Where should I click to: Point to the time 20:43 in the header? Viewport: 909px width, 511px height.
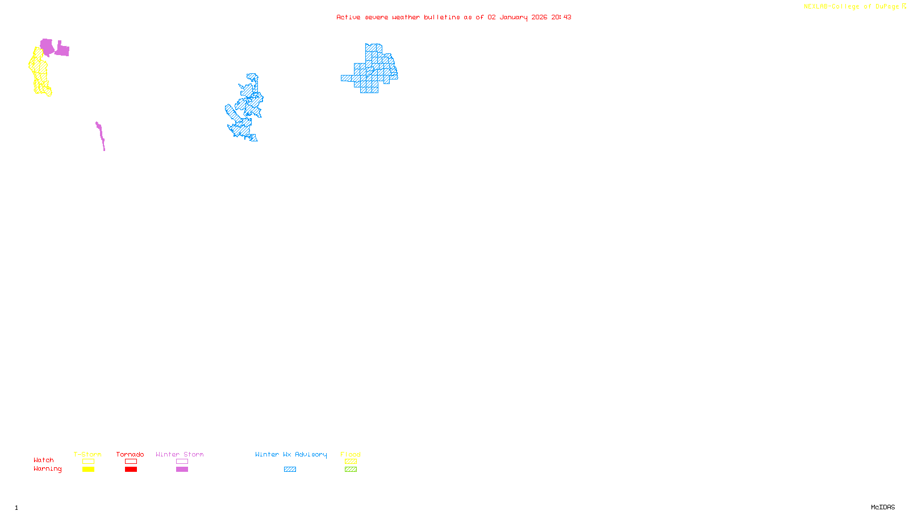click(x=561, y=17)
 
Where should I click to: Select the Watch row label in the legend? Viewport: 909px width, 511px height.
click(x=44, y=460)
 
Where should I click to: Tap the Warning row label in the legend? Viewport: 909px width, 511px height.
click(x=47, y=469)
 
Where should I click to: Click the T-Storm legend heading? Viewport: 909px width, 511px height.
click(x=87, y=454)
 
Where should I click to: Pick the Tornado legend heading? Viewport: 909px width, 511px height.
click(x=130, y=454)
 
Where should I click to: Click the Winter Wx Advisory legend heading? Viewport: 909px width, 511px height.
click(x=291, y=454)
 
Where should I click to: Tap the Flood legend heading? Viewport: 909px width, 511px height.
click(x=351, y=454)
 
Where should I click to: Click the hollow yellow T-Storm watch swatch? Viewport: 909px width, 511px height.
click(x=88, y=462)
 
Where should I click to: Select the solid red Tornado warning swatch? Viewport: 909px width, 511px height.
click(x=131, y=470)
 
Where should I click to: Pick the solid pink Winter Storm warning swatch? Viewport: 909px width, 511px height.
click(x=182, y=470)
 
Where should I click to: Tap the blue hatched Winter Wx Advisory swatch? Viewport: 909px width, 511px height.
click(x=290, y=470)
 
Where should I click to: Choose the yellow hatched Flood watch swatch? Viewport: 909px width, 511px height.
click(x=351, y=462)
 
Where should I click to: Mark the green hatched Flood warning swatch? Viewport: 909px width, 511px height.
click(x=351, y=470)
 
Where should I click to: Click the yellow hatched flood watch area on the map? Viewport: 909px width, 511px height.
click(x=39, y=71)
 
